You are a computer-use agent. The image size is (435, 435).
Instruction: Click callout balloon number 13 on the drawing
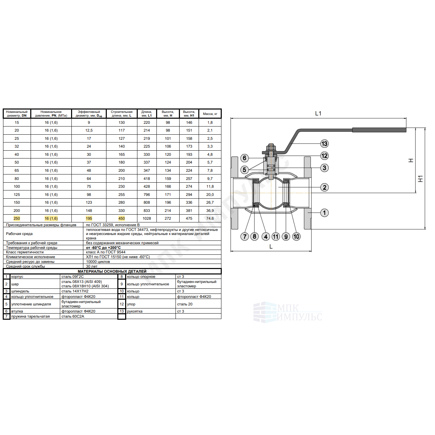click(x=324, y=144)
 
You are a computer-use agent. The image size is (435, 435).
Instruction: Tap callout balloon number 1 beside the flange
click(x=324, y=213)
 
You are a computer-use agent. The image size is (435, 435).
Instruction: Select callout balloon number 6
click(x=244, y=158)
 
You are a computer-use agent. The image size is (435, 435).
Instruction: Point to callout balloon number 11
click(x=275, y=237)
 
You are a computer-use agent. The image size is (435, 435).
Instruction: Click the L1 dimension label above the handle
click(x=318, y=113)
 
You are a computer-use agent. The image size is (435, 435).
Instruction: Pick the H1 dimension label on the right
click(x=420, y=179)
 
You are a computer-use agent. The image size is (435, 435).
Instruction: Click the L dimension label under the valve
click(x=271, y=247)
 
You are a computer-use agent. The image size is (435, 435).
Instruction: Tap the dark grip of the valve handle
click(x=379, y=130)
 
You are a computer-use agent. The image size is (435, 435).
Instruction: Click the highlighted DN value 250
click(x=17, y=218)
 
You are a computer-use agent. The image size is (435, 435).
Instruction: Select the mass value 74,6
click(x=210, y=218)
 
